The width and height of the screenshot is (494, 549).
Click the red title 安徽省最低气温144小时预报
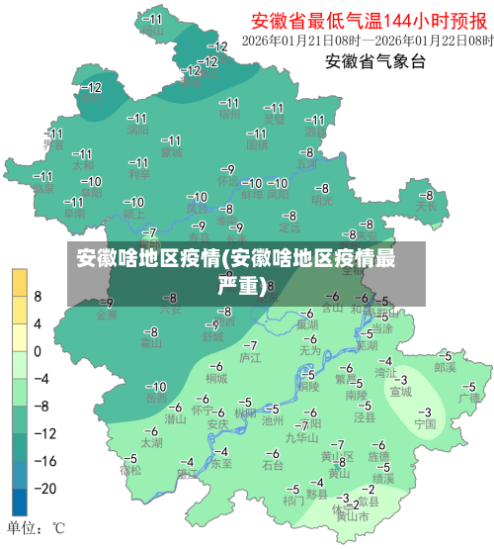pyautogui.click(x=367, y=20)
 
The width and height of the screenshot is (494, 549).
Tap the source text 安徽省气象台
pyautogui.click(x=375, y=61)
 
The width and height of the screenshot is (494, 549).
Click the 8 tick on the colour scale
pyautogui.click(x=38, y=296)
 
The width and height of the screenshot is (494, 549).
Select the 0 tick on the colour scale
pyautogui.click(x=38, y=350)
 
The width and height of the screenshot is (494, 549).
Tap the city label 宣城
pyautogui.click(x=400, y=392)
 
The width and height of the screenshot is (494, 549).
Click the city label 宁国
pyautogui.click(x=425, y=424)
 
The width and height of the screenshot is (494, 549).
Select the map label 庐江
pyautogui.click(x=251, y=357)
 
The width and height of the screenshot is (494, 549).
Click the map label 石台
pyautogui.click(x=274, y=464)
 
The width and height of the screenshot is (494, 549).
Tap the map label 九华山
pyautogui.click(x=301, y=436)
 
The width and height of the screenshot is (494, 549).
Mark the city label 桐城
pyautogui.click(x=215, y=378)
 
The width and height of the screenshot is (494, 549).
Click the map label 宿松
pyautogui.click(x=130, y=471)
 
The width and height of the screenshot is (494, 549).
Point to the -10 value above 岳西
pyautogui.click(x=156, y=386)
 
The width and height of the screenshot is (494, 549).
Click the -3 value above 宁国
pyautogui.click(x=426, y=412)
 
